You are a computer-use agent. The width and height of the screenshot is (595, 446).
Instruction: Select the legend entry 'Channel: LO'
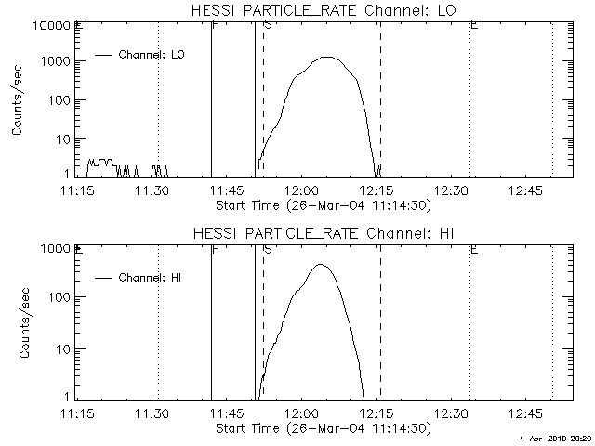pos(152,55)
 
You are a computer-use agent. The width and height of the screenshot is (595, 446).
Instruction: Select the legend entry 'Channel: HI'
pos(152,278)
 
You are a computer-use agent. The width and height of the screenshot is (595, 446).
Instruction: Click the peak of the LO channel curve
pos(327,57)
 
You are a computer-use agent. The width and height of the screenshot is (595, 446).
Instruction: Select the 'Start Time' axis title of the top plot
pos(322,204)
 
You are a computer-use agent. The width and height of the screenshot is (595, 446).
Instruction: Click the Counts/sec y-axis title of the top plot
pos(18,102)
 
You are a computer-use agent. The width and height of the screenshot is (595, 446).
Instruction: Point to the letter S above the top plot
pos(268,25)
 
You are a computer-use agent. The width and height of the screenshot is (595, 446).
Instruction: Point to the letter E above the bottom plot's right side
pos(474,248)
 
